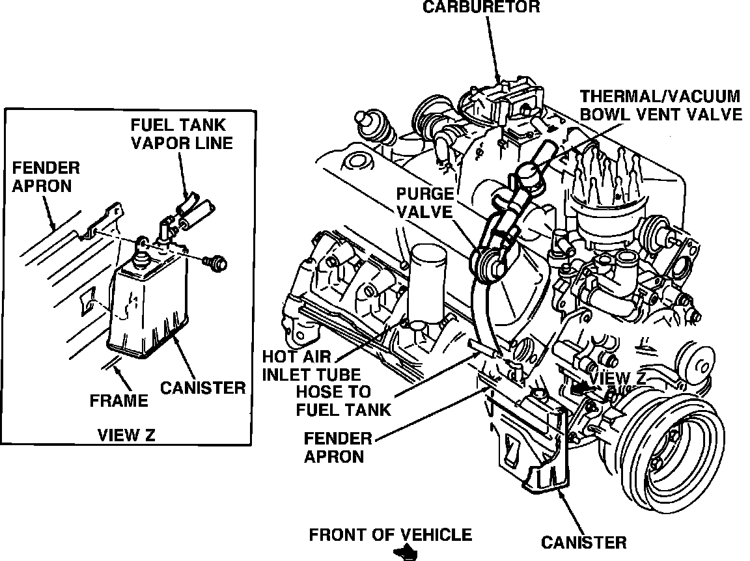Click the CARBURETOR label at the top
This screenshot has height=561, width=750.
(x=481, y=7)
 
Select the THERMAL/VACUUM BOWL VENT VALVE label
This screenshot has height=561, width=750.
(x=660, y=105)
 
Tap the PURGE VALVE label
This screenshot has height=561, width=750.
(x=426, y=202)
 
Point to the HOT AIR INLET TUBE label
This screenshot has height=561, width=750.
(x=311, y=365)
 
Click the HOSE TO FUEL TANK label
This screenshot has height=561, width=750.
(x=342, y=400)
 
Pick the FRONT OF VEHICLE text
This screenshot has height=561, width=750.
(x=390, y=535)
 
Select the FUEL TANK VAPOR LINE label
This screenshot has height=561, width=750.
(x=182, y=133)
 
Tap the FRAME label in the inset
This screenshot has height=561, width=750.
(x=119, y=401)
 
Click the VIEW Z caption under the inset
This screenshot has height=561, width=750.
(x=126, y=435)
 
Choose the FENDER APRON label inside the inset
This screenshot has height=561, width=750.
(x=46, y=177)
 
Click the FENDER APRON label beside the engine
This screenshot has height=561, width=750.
(x=337, y=447)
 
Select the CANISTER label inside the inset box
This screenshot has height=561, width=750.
(x=203, y=388)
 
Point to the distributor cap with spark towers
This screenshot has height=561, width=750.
(x=605, y=202)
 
